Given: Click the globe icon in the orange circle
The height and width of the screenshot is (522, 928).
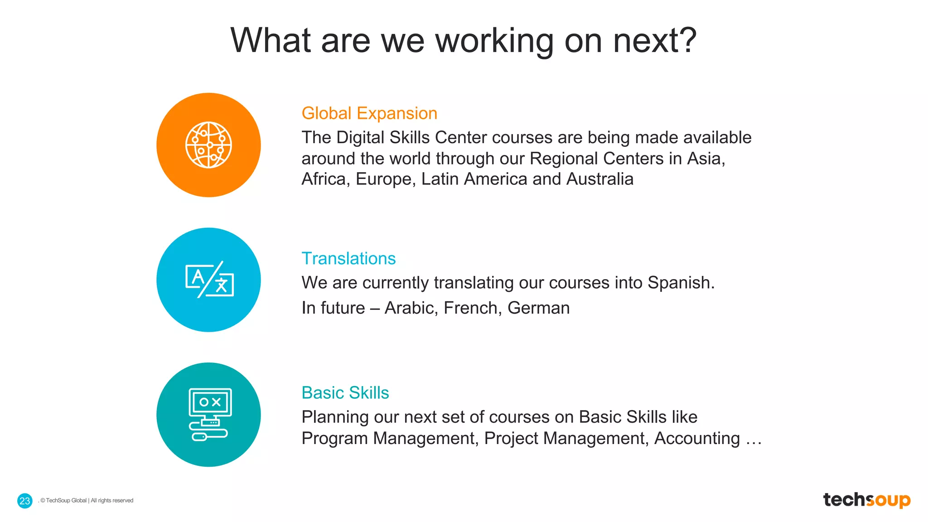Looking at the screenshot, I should [x=208, y=145].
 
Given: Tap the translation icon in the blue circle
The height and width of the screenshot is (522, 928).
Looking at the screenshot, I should [x=209, y=280].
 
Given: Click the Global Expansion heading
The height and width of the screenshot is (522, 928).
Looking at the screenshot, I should [x=369, y=113].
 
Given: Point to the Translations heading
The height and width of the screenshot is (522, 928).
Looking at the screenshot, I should [x=348, y=258].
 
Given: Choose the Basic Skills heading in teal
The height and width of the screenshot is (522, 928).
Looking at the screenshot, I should [x=345, y=393].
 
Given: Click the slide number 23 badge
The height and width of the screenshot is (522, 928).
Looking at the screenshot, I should [x=25, y=501].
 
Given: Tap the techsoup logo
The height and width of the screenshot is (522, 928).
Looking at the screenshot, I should [x=866, y=500].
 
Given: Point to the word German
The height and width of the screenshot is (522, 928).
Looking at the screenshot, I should [x=538, y=308].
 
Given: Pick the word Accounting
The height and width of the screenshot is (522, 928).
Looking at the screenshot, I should [x=697, y=438].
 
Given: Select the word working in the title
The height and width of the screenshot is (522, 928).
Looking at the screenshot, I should [x=494, y=41].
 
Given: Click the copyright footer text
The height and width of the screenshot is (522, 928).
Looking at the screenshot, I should [x=87, y=501].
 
